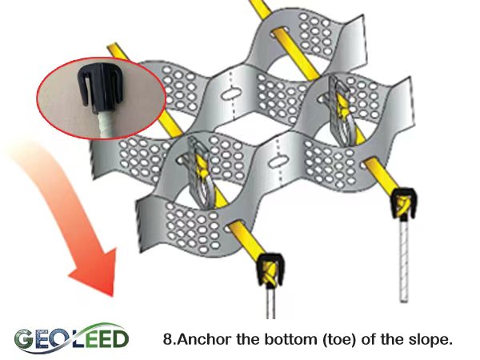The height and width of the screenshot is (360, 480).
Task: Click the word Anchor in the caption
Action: pyautogui.click(x=200, y=339)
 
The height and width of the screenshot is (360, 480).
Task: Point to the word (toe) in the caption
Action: pyautogui.click(x=339, y=339)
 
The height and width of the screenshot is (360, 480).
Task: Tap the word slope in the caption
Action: pyautogui.click(x=432, y=339)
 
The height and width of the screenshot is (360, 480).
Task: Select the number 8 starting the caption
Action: pyautogui.click(x=166, y=339)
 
